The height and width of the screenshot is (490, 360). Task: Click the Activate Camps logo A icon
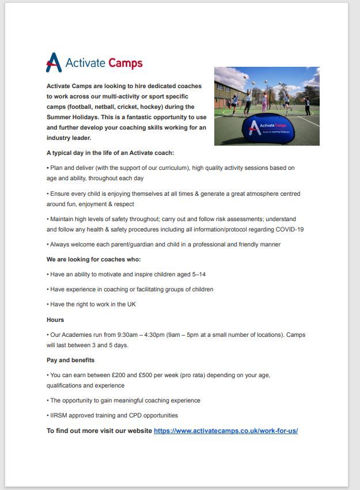54,63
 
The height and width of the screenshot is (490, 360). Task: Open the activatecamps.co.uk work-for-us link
226,431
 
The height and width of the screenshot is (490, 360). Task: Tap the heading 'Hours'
55,320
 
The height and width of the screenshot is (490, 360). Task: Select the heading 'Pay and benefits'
70,360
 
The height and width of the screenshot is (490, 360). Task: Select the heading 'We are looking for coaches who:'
93,259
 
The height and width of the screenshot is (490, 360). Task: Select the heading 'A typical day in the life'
110,153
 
